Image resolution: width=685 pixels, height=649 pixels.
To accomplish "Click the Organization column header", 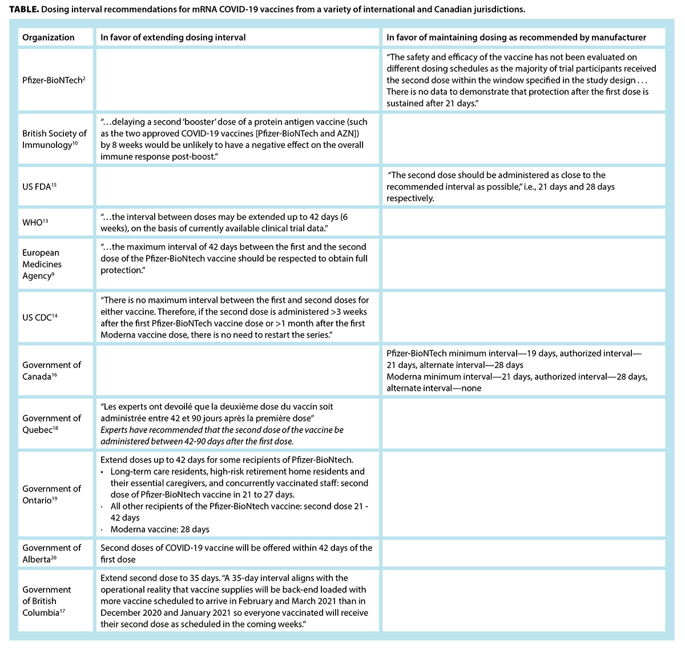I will click(49, 37).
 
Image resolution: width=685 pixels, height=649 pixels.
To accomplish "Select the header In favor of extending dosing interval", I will click(173, 37).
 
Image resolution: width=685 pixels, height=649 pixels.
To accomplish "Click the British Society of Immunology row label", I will click(54, 139).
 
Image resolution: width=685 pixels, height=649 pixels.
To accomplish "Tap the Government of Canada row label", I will click(51, 370).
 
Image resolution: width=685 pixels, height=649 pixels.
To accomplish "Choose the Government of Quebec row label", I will click(51, 423).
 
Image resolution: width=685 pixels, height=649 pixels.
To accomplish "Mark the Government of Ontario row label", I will click(51, 494).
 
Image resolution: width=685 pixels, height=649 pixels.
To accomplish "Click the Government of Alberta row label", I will click(51, 553).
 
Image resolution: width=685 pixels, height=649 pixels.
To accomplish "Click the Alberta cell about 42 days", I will click(236, 553).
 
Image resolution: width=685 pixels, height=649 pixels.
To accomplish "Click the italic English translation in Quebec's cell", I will click(222, 435).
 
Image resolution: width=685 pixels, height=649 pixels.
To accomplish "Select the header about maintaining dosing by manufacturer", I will click(516, 37).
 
